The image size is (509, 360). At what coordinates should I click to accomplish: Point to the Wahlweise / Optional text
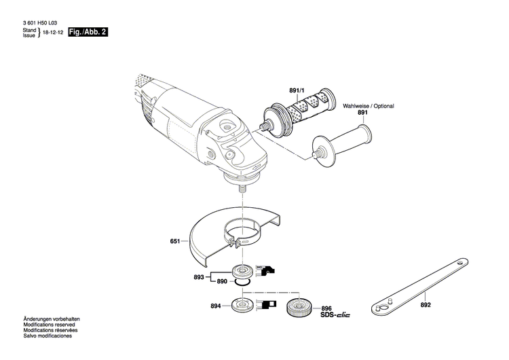pos(368,106)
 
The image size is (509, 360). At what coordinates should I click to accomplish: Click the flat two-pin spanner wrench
pos(421,279)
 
